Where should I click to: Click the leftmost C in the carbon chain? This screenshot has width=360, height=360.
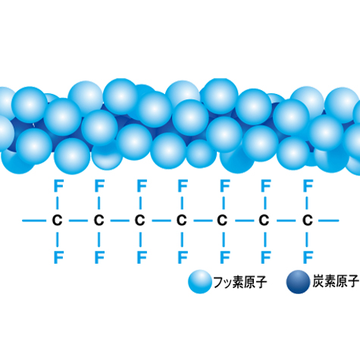coord(57,221)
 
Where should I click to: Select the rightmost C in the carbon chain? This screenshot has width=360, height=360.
coord(307,221)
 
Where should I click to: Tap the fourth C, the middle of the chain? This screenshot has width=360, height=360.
coord(181,221)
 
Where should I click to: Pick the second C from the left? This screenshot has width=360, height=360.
coord(99,221)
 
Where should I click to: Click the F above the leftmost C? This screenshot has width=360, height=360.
coord(58,186)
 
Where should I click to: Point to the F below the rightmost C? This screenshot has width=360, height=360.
coord(308,258)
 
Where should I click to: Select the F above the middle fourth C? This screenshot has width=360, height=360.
coord(183,186)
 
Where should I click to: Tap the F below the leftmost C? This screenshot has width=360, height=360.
coord(58,258)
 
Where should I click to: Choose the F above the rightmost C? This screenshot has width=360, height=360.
coord(308,186)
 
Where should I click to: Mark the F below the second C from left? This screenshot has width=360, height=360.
coord(99,258)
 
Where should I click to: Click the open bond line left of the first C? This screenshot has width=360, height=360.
coord(34,221)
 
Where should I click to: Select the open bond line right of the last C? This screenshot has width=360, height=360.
coord(328,221)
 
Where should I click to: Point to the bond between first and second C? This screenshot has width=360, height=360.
coord(78,221)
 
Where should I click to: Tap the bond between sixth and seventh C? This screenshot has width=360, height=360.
coord(286,221)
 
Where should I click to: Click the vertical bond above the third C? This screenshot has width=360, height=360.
coord(140,203)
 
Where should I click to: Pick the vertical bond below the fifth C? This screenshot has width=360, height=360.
coord(224,239)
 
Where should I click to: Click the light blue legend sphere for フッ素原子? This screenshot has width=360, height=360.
coord(200,282)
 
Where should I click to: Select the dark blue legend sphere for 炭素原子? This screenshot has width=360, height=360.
coord(298,282)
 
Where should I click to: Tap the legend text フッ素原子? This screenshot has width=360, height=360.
coord(240,282)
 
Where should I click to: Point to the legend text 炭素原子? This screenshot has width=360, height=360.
coord(336,281)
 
